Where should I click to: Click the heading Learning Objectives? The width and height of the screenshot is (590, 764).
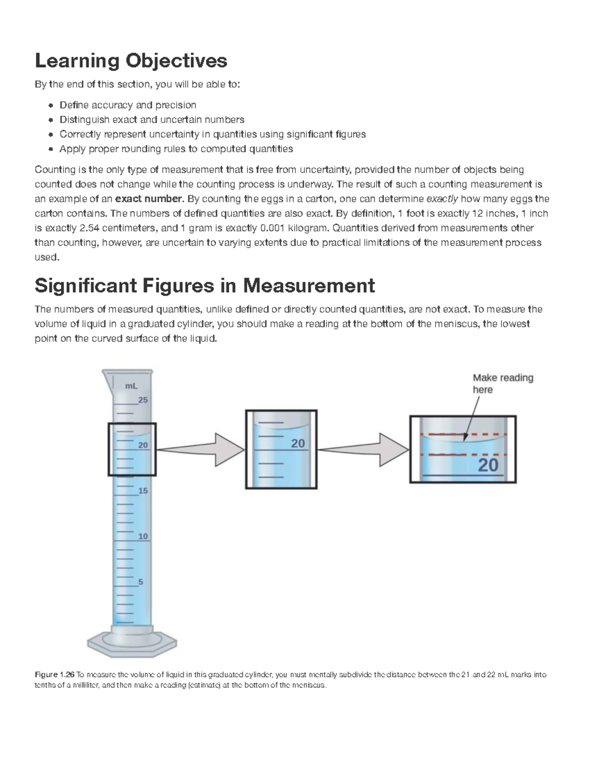point(131,61)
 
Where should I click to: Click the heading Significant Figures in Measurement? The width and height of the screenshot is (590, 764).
point(205,285)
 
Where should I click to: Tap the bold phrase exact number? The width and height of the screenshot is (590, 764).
point(148,199)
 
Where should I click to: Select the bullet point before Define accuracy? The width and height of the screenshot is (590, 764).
point(52,105)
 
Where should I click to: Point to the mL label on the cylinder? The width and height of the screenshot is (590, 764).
point(131,386)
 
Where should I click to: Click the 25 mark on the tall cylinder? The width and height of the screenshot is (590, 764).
point(143,400)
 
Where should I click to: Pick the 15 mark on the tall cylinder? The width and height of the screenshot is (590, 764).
point(143,491)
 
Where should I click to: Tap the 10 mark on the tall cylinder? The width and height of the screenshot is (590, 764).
point(143,536)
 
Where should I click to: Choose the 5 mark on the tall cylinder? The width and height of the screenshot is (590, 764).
point(141,582)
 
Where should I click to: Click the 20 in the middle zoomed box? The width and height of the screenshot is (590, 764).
point(298,443)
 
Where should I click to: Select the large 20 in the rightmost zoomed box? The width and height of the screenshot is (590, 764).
point(488,465)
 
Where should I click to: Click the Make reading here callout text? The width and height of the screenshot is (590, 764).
point(502,384)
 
